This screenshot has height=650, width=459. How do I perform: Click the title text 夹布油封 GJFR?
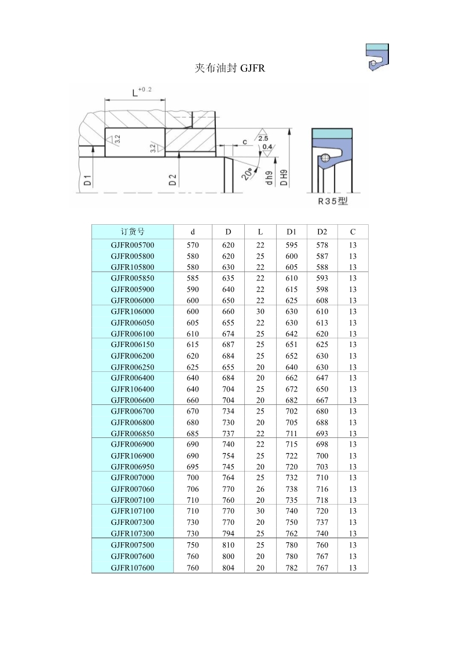tap(230, 68)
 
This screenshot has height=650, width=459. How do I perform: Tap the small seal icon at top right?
tap(377, 59)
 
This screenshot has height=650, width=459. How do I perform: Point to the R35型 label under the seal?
tap(334, 202)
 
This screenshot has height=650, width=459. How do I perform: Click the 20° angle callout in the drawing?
tap(247, 173)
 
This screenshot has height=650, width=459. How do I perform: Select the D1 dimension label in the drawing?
tap(87, 180)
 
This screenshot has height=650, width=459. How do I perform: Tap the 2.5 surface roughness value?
tap(263, 138)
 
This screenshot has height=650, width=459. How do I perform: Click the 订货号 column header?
tap(133, 232)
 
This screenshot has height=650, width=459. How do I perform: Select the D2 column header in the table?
tap(322, 232)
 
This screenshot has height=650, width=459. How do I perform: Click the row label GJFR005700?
tap(133, 245)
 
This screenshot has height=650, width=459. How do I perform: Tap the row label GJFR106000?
tap(133, 311)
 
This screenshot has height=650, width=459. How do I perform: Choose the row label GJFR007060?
tap(133, 489)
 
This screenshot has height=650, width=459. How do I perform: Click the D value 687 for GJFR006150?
tap(228, 345)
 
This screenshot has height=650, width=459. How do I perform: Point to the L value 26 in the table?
tap(260, 489)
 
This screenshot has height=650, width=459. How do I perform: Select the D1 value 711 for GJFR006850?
tap(292, 433)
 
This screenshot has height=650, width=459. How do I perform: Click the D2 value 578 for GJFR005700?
tap(322, 245)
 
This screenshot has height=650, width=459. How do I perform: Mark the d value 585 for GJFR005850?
tap(193, 278)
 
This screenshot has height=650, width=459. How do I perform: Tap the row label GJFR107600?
tap(133, 568)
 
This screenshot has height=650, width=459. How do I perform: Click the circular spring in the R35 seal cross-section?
tap(326, 158)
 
